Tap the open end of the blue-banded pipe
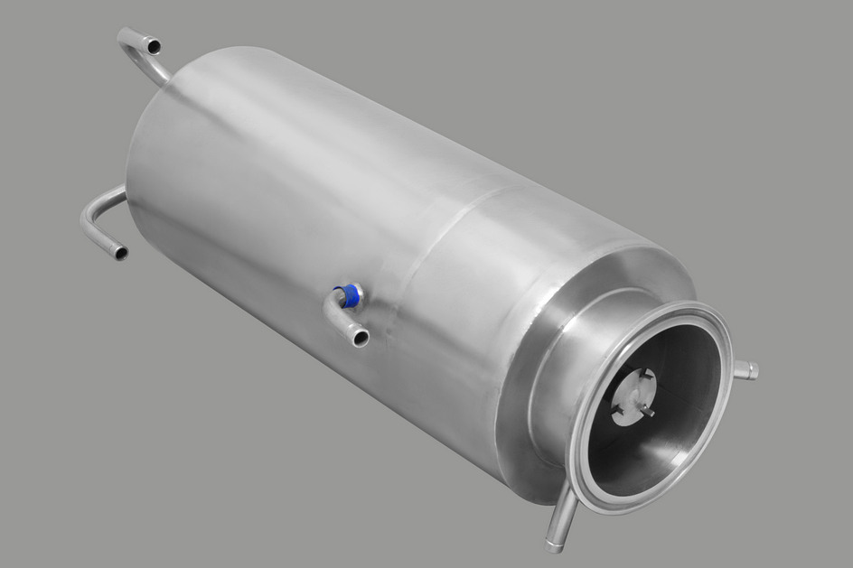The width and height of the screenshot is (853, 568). (x=361, y=340)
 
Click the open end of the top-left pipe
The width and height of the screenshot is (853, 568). (x=154, y=44)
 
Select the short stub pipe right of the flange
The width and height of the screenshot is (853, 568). (x=746, y=368)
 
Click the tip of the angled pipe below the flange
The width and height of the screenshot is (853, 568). (x=554, y=545)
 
